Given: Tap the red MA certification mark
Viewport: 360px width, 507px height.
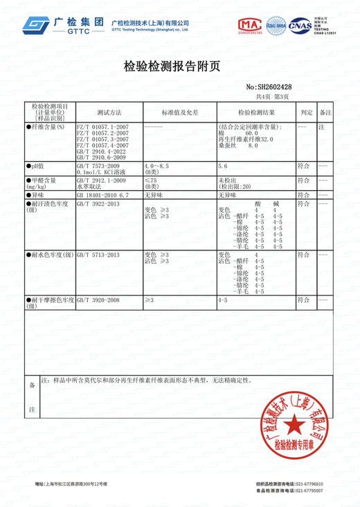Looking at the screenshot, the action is (x=251, y=26).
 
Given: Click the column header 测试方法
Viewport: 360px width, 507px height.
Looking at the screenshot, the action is (x=109, y=111).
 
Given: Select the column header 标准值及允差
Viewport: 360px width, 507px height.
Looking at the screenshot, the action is (x=180, y=111).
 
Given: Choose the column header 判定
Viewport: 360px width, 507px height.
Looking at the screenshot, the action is (x=305, y=111).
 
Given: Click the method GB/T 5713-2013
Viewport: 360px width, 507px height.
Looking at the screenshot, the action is (x=99, y=255).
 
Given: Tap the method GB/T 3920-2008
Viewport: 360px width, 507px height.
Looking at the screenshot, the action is (x=99, y=300).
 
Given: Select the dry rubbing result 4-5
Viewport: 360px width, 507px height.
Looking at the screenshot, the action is (x=223, y=300).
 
